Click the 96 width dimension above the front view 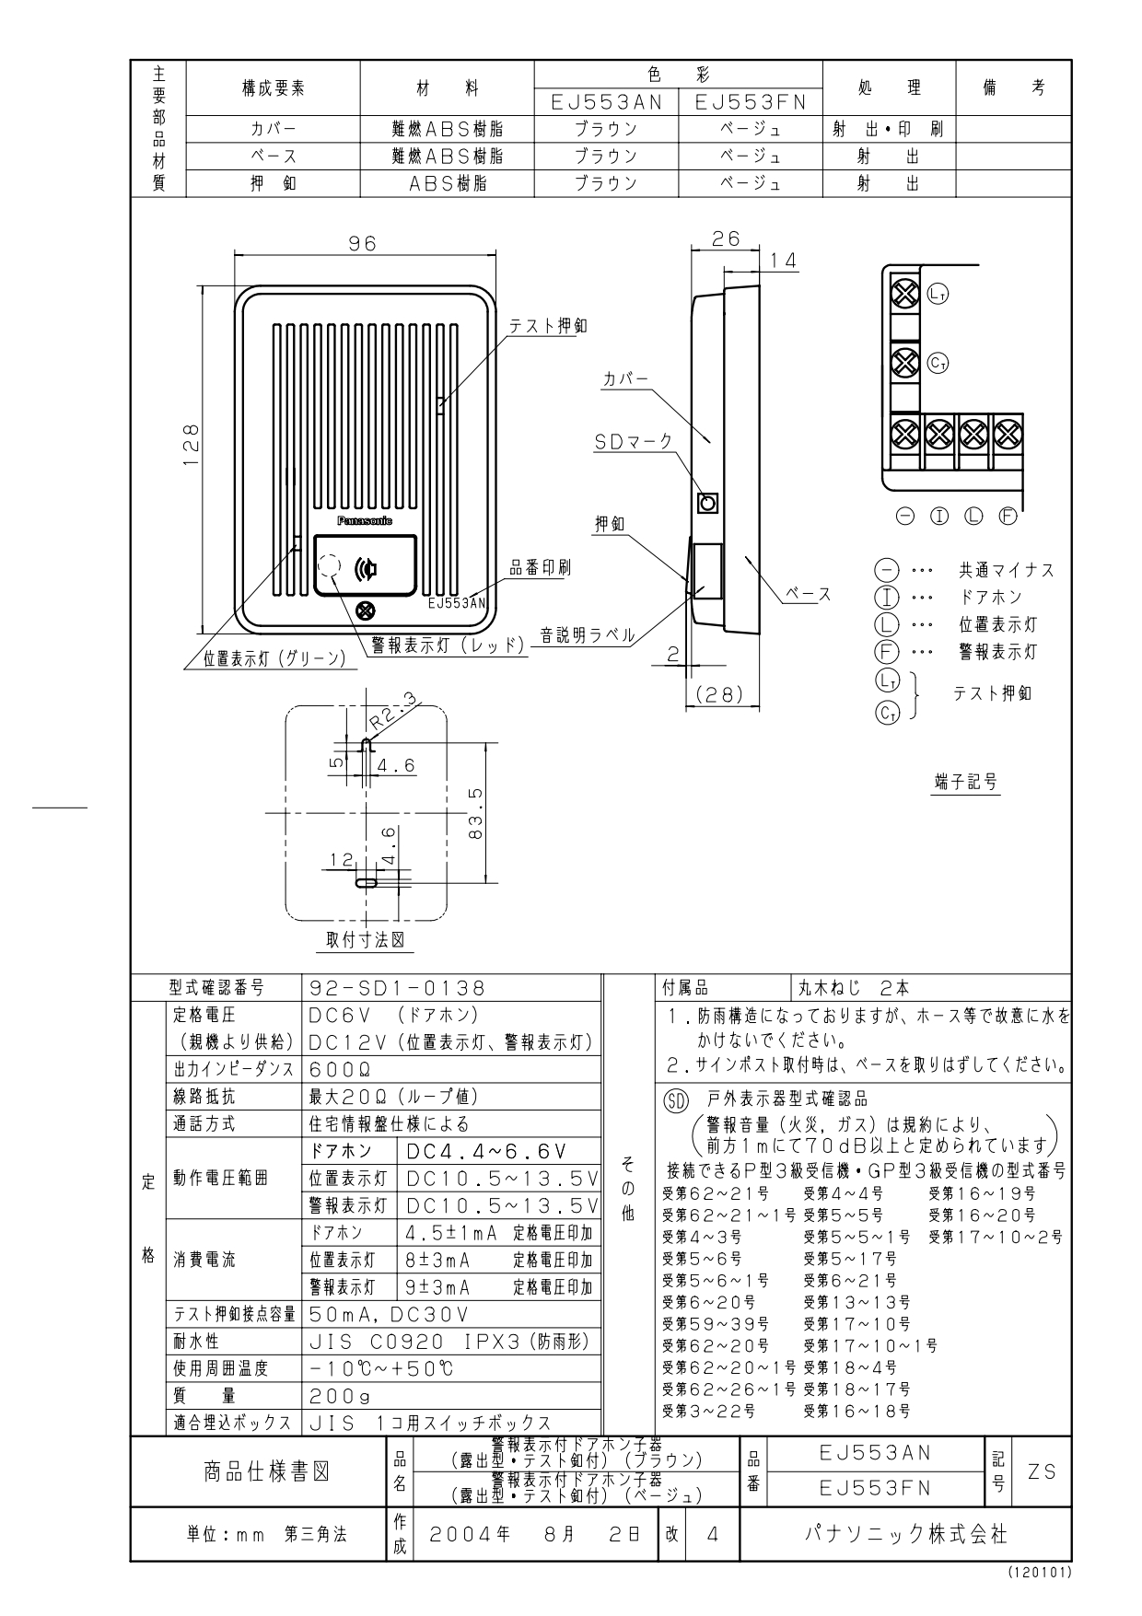point(363,243)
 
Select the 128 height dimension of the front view point(191,445)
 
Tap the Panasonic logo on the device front point(365,521)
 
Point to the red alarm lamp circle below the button point(366,610)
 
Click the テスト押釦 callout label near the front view point(549,326)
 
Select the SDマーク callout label point(634,442)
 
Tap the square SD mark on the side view point(707,503)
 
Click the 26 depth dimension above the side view point(727,238)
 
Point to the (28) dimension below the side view point(719,695)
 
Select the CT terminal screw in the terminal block point(906,361)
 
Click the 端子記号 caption point(965,783)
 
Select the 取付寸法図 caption point(366,940)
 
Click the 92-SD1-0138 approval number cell point(396,988)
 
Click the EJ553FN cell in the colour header point(751,103)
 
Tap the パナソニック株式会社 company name point(906,1534)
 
